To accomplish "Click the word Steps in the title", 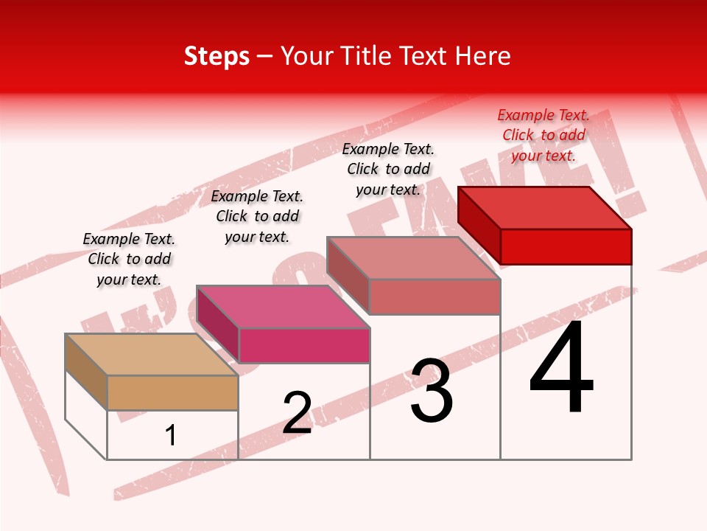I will tap(217, 56).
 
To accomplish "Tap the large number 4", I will tap(561, 368).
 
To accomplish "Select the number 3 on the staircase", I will tap(432, 391).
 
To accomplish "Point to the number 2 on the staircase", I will tap(298, 412).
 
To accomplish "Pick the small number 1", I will tap(171, 435).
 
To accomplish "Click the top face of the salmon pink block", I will tap(413, 258).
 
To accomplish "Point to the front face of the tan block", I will tap(172, 392).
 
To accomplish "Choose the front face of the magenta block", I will tap(304, 345).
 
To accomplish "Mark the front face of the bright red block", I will tap(566, 246).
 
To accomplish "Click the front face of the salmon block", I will tap(435, 296).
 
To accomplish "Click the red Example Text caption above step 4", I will tap(544, 135).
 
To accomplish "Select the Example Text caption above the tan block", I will tap(129, 259).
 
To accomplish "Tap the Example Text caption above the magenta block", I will tap(257, 216).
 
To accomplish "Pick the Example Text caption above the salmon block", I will tap(388, 169).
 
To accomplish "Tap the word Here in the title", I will tap(482, 56).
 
